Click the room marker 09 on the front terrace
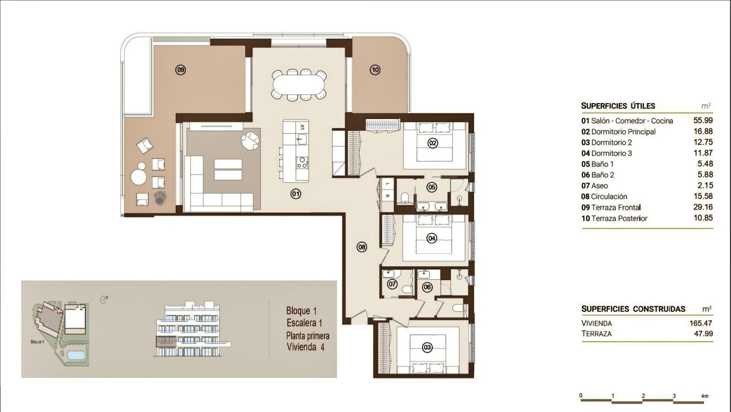(180, 70)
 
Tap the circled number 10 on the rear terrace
(375, 70)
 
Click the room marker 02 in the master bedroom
(432, 143)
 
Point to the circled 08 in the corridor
(361, 247)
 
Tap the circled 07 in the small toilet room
(392, 284)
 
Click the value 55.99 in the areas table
(703, 121)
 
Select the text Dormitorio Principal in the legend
(623, 132)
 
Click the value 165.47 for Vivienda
(701, 323)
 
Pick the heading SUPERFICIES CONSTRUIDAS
(633, 309)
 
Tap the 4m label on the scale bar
(705, 396)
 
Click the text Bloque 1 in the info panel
(302, 311)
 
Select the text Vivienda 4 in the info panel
(305, 347)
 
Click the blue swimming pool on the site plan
(76, 355)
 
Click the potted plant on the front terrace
(159, 197)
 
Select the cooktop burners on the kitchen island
(302, 163)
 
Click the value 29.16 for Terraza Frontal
(703, 207)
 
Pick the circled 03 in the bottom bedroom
(427, 348)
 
